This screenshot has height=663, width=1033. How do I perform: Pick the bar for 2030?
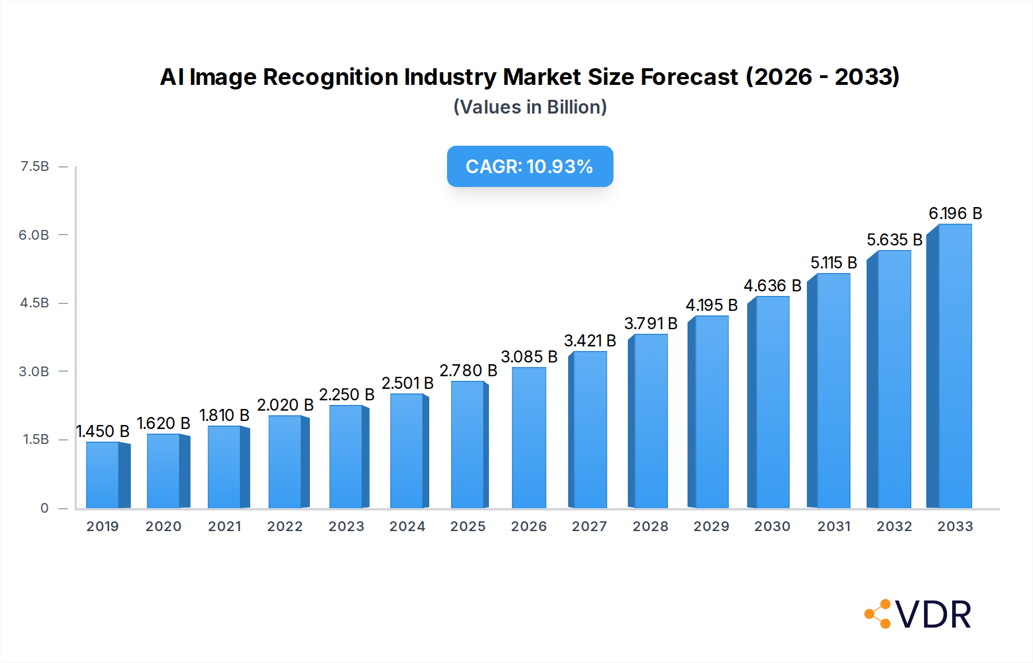pos(772,401)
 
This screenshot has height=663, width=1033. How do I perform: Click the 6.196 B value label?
pos(955,213)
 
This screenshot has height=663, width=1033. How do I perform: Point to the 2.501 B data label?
pos(407,383)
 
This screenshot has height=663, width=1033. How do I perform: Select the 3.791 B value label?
pos(650,323)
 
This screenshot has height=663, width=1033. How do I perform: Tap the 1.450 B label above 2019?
pos(103,431)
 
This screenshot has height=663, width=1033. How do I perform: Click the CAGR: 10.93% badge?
pos(530,166)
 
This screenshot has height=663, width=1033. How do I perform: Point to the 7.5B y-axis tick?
pos(34,166)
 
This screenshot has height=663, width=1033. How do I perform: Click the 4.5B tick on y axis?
pos(34,303)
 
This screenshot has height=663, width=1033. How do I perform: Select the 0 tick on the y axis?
pos(44,508)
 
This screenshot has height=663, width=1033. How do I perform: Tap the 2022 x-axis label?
pos(285,526)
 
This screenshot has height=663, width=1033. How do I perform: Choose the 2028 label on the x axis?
pos(650,526)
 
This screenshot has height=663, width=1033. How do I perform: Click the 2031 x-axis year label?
pos(833,526)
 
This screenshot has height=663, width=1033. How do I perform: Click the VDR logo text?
pos(933,615)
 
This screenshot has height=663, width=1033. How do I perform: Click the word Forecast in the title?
pos(689,77)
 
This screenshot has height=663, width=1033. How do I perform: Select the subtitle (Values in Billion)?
pos(530,107)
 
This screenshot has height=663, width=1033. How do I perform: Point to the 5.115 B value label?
pos(833,263)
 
